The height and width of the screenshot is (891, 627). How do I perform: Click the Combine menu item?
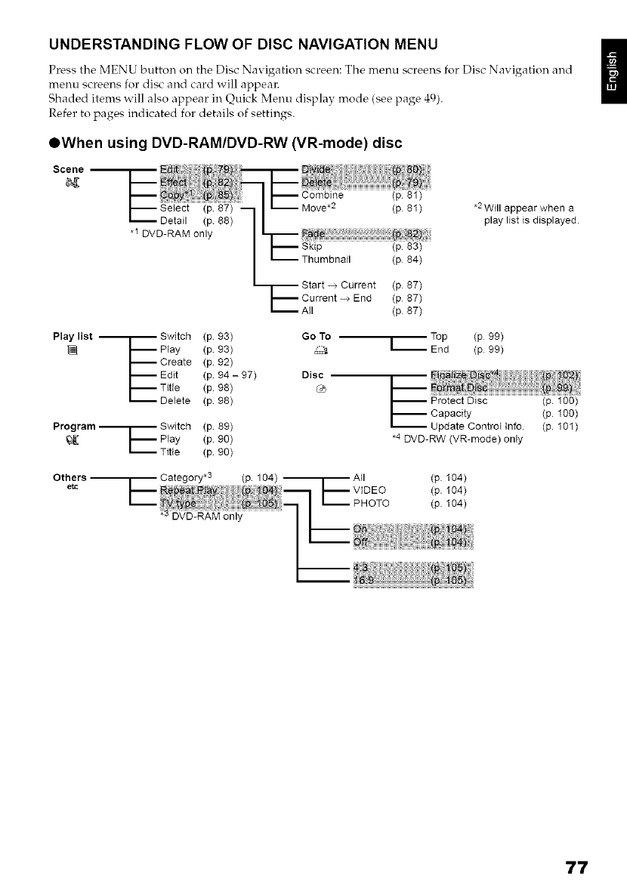click(323, 195)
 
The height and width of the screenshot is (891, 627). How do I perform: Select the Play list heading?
click(73, 336)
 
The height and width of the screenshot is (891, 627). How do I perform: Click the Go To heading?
click(316, 336)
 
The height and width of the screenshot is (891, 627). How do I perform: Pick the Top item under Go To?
click(439, 336)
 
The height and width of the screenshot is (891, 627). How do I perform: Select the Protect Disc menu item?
click(459, 401)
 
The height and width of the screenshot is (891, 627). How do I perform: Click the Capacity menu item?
click(451, 414)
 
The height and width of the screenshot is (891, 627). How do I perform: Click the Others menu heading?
click(69, 478)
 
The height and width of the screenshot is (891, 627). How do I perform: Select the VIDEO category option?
click(369, 490)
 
